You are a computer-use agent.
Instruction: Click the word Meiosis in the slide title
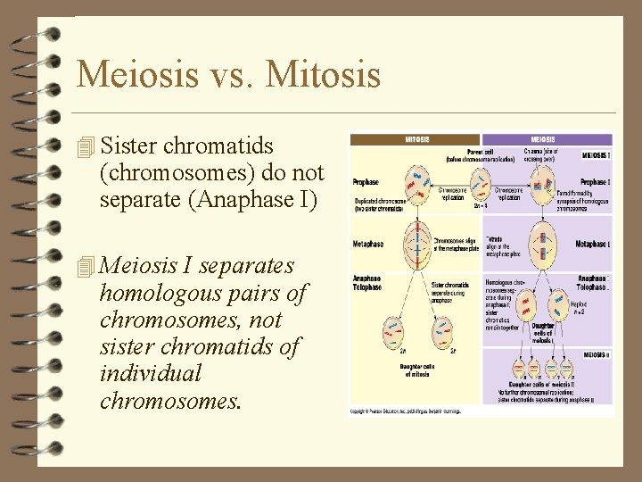click(137, 74)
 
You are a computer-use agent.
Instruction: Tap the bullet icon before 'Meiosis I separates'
click(86, 266)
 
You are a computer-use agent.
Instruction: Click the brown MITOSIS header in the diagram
click(416, 140)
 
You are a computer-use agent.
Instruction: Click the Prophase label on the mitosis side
click(366, 182)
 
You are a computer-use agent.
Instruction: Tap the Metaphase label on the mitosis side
click(367, 244)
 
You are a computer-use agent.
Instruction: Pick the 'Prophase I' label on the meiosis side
click(594, 182)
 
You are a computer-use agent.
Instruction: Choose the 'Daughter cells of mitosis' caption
click(416, 369)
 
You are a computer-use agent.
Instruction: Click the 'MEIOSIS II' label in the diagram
click(596, 354)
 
